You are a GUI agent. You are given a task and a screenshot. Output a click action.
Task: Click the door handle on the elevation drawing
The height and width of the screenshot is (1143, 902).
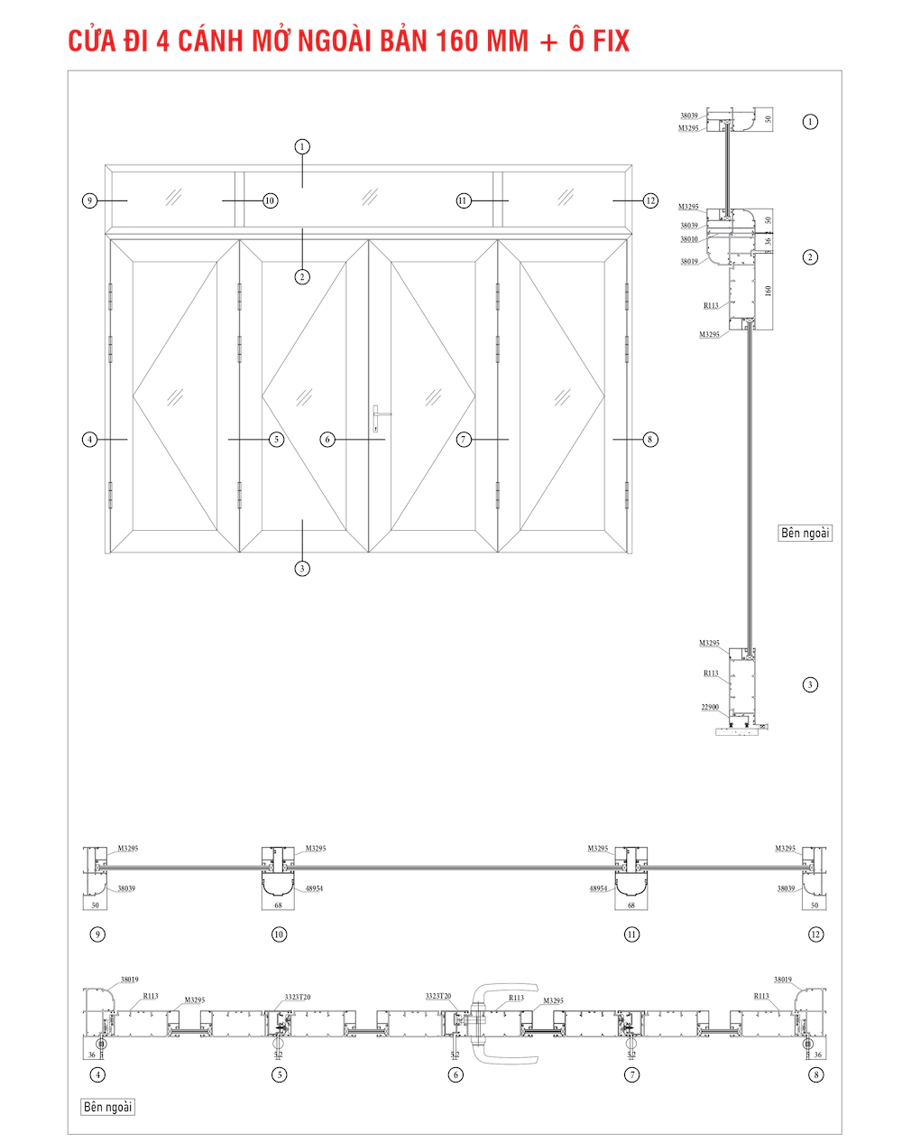pyautogui.click(x=378, y=416)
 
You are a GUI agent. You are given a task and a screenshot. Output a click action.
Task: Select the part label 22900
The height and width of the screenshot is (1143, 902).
pyautogui.click(x=710, y=707)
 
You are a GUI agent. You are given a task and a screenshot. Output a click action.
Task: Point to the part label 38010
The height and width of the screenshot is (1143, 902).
pyautogui.click(x=689, y=239)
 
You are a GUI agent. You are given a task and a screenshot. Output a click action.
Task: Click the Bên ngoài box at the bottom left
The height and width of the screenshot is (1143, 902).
pyautogui.click(x=107, y=1107)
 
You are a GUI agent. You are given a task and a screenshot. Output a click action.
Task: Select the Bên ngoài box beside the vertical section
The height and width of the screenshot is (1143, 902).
pyautogui.click(x=805, y=533)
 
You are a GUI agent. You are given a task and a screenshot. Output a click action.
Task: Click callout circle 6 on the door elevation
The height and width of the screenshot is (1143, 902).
pyautogui.click(x=327, y=440)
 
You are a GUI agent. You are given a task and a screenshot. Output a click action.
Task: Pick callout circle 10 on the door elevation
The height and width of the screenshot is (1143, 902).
pyautogui.click(x=270, y=200)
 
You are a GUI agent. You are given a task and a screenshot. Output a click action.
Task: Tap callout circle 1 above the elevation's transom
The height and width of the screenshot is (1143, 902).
pyautogui.click(x=302, y=146)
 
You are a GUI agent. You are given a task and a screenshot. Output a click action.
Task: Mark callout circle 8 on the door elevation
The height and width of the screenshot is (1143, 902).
pyautogui.click(x=650, y=440)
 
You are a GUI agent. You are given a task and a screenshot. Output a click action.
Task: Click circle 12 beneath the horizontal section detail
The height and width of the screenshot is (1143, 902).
pyautogui.click(x=815, y=934)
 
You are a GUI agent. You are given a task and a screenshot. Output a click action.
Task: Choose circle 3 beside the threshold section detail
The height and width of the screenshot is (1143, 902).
pyautogui.click(x=810, y=684)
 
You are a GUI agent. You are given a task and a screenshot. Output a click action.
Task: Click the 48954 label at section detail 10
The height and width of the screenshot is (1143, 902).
pyautogui.click(x=313, y=888)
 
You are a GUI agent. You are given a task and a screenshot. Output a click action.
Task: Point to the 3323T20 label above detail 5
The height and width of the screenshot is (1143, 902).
pyautogui.click(x=298, y=997)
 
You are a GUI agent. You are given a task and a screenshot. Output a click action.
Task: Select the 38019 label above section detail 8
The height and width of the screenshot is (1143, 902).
pyautogui.click(x=783, y=980)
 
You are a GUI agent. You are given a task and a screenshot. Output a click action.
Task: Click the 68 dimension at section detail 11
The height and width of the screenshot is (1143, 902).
pyautogui.click(x=631, y=905)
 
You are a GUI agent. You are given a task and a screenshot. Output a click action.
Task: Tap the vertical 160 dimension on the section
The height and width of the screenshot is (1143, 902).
pyautogui.click(x=769, y=291)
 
